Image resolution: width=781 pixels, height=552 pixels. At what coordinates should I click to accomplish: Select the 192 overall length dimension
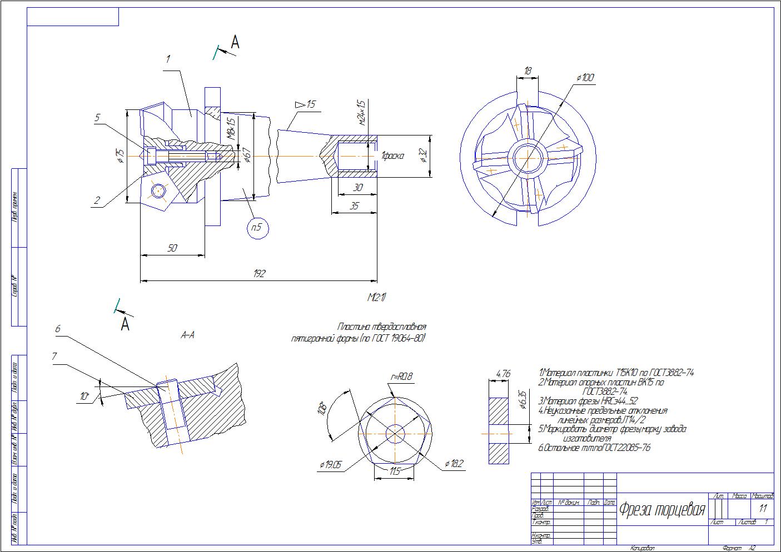click(259, 273)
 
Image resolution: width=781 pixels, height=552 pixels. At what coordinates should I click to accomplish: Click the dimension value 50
click(172, 248)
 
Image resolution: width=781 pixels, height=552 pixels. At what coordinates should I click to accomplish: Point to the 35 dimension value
click(354, 205)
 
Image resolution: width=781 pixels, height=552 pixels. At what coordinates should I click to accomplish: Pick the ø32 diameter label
click(424, 156)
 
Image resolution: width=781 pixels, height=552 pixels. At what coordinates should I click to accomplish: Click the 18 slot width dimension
click(528, 71)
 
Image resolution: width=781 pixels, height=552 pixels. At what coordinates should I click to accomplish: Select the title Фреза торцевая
click(662, 509)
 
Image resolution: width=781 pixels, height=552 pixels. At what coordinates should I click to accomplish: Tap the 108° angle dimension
click(322, 408)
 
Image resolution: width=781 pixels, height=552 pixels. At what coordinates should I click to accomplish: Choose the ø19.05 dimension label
click(330, 465)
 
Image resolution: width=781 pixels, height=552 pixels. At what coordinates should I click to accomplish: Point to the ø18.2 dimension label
click(454, 464)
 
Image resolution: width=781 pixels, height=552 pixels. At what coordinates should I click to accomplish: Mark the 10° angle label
click(84, 397)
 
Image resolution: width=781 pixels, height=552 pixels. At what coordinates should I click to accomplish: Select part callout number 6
click(57, 329)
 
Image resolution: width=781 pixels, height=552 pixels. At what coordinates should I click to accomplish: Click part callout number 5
click(97, 117)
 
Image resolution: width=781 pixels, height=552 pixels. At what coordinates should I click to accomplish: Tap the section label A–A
click(187, 335)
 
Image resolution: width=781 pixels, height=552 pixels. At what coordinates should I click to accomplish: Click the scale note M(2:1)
click(376, 297)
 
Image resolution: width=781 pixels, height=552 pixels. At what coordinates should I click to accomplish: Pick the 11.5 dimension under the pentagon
click(395, 471)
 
